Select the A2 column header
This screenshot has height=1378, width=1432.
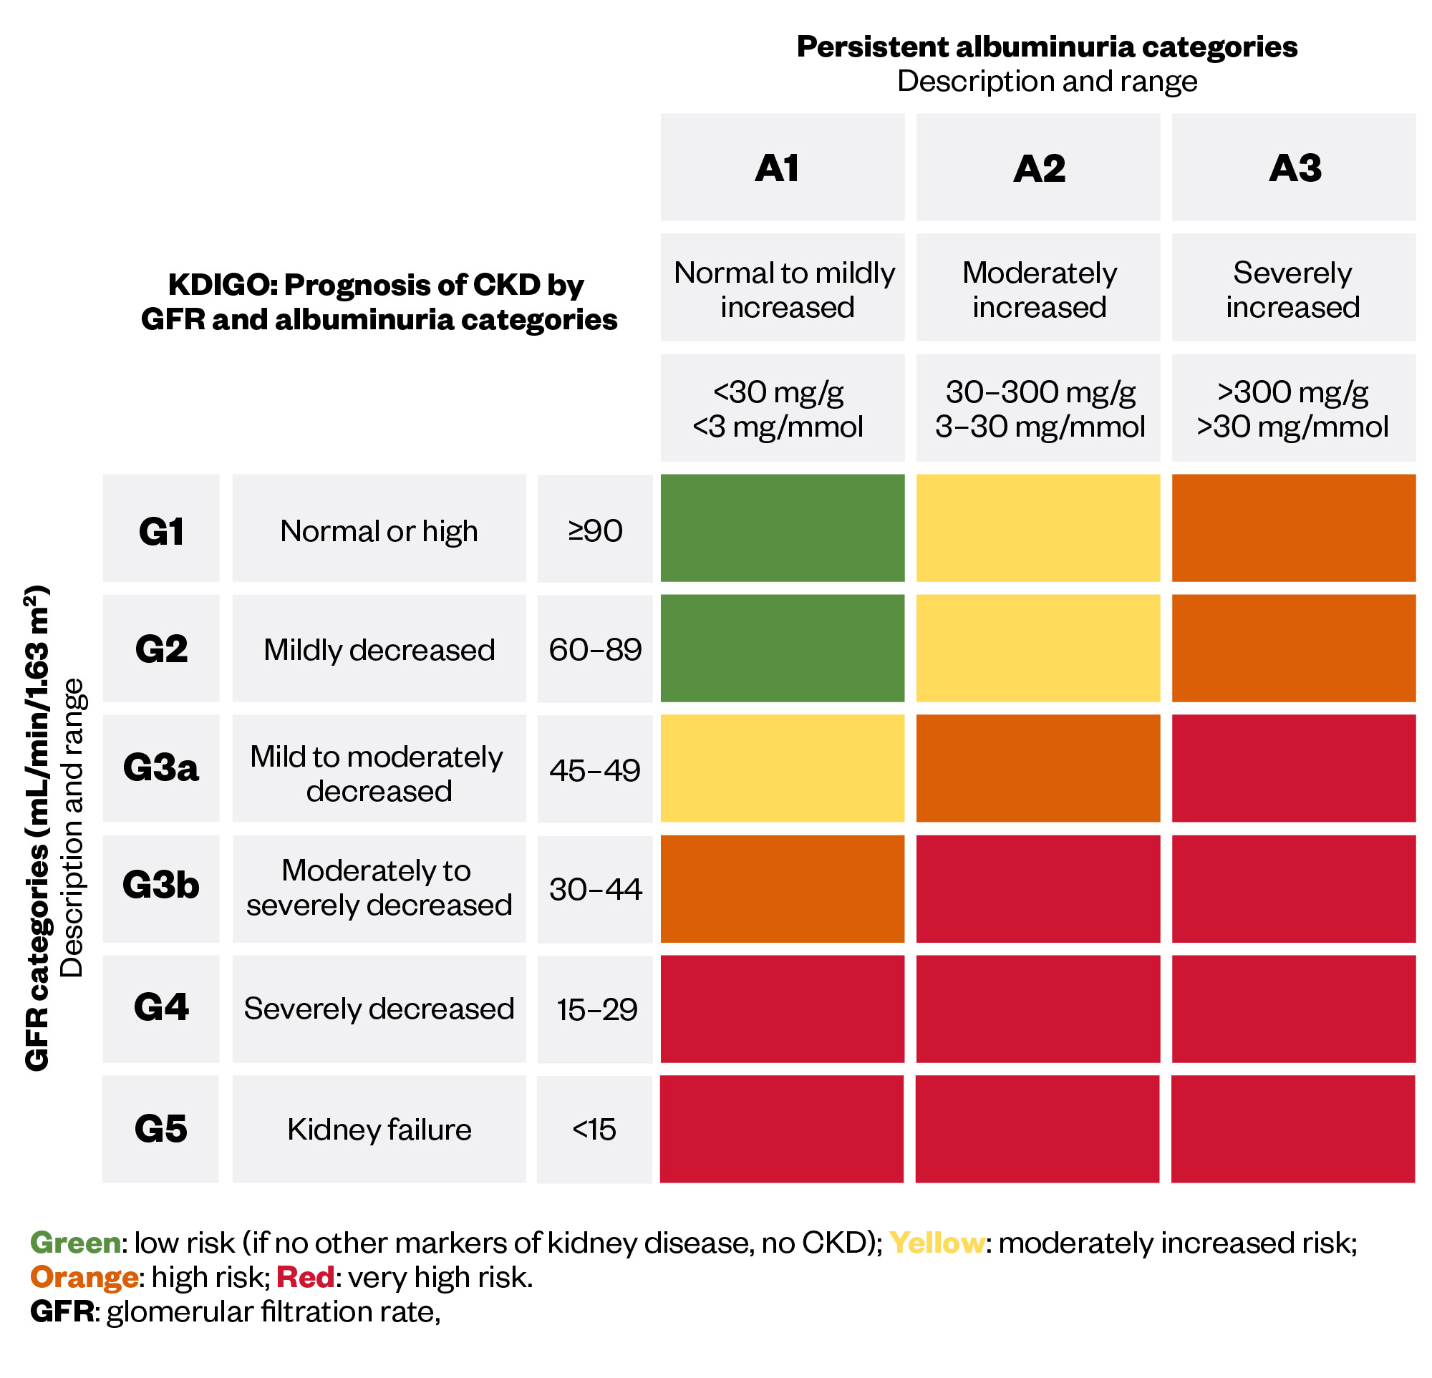[1038, 168]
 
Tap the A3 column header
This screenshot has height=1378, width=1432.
[1294, 168]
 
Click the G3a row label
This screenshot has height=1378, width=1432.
[160, 768]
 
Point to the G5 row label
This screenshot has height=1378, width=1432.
[160, 1129]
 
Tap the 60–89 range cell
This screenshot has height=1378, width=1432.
[596, 649]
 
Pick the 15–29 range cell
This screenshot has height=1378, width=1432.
[596, 1009]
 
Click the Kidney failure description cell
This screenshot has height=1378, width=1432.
[379, 1129]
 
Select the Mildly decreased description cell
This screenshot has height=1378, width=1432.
[379, 649]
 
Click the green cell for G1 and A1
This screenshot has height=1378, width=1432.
[782, 528]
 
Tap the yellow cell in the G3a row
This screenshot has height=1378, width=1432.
[782, 768]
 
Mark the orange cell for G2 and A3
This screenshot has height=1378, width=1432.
[1294, 648]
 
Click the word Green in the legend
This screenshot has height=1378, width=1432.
[75, 1242]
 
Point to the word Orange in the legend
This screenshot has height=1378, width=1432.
[84, 1277]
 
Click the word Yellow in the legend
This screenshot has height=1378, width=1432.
[937, 1242]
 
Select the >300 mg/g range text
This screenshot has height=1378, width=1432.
[1292, 392]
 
